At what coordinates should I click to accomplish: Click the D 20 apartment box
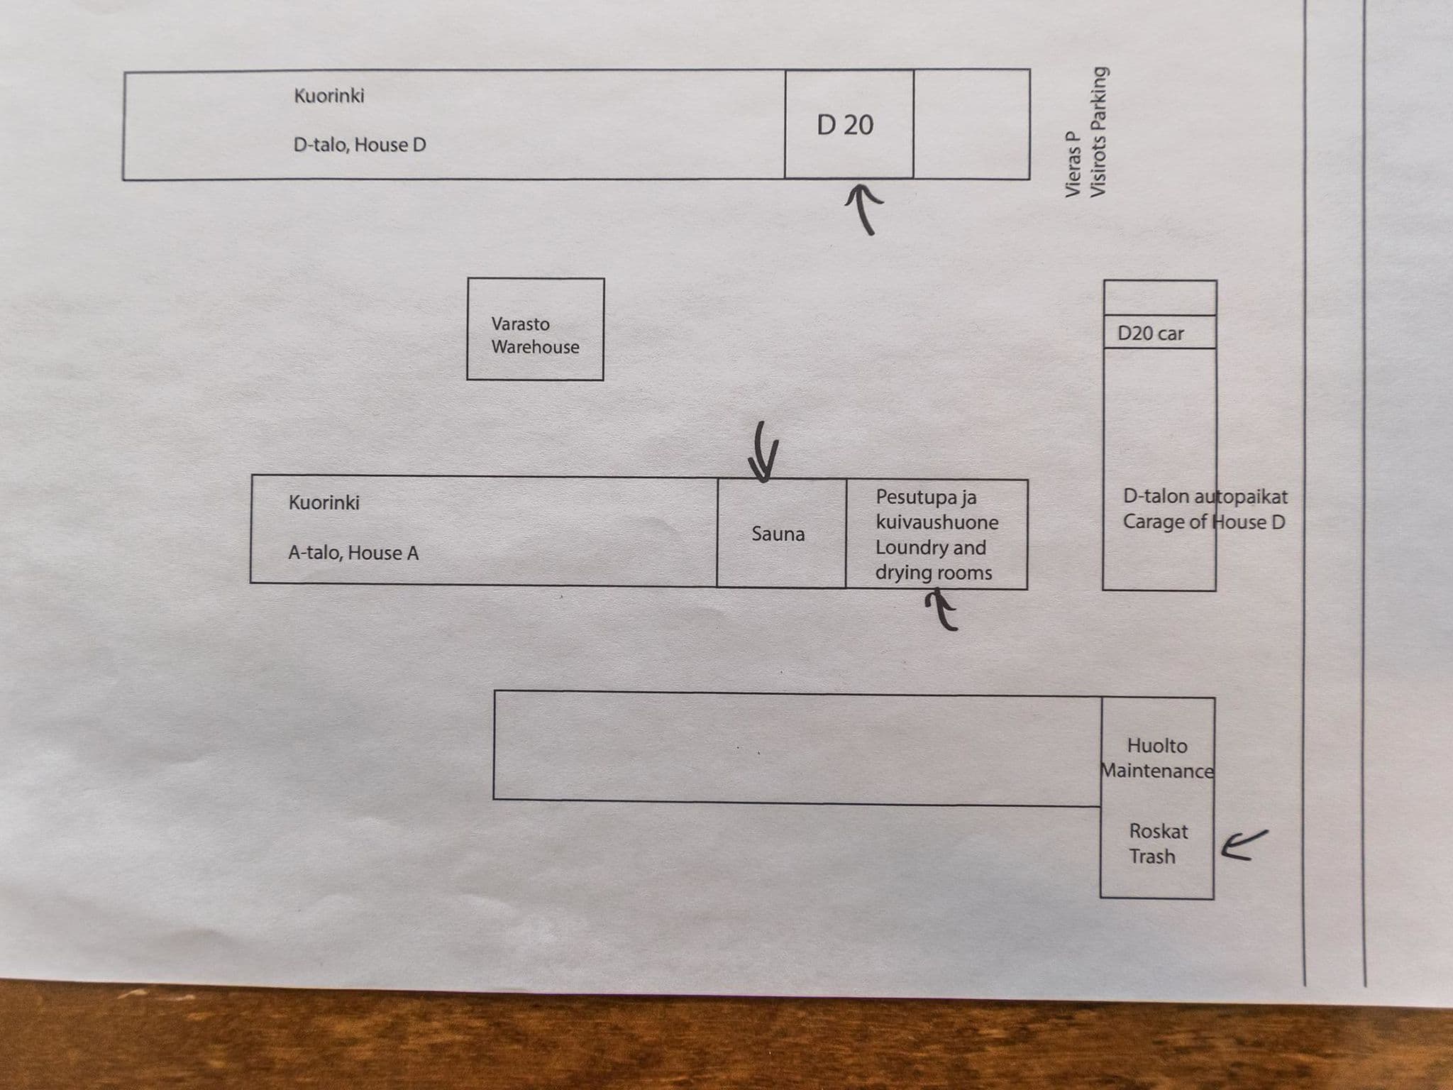[x=849, y=123]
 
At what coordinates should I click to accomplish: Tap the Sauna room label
[x=778, y=534]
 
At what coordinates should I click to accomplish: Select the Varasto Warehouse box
[x=536, y=329]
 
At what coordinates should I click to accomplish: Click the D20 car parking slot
[x=1160, y=332]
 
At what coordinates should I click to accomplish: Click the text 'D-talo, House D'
[x=360, y=145]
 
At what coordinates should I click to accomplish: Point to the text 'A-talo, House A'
[x=353, y=553]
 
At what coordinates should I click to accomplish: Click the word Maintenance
[x=1157, y=771]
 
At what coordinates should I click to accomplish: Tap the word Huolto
[x=1157, y=746]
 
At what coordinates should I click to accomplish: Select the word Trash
[x=1152, y=857]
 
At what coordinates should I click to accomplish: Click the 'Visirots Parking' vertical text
[x=1098, y=132]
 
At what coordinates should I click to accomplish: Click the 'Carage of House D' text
[x=1204, y=522]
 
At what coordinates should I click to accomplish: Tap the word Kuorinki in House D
[x=329, y=95]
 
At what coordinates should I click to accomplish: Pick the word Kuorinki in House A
[x=324, y=502]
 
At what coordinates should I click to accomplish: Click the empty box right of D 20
[x=972, y=123]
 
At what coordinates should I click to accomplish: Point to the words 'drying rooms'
[x=934, y=573]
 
